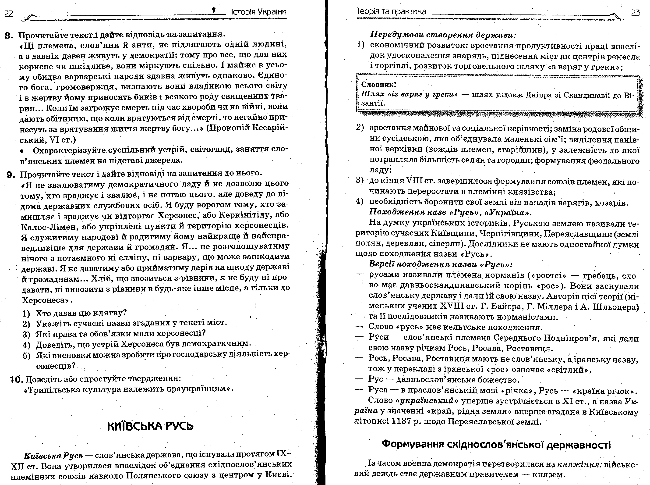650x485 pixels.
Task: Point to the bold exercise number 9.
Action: (x=11, y=175)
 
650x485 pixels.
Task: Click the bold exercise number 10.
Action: (x=16, y=380)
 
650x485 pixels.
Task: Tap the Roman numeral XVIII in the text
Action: (x=451, y=306)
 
